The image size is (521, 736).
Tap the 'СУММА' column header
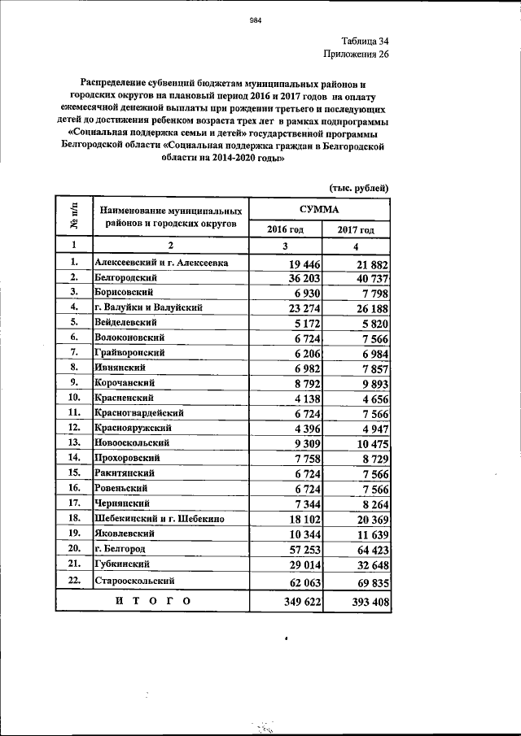(x=319, y=209)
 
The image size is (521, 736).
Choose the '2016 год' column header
(x=285, y=230)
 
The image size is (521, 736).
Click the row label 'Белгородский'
(x=125, y=277)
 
